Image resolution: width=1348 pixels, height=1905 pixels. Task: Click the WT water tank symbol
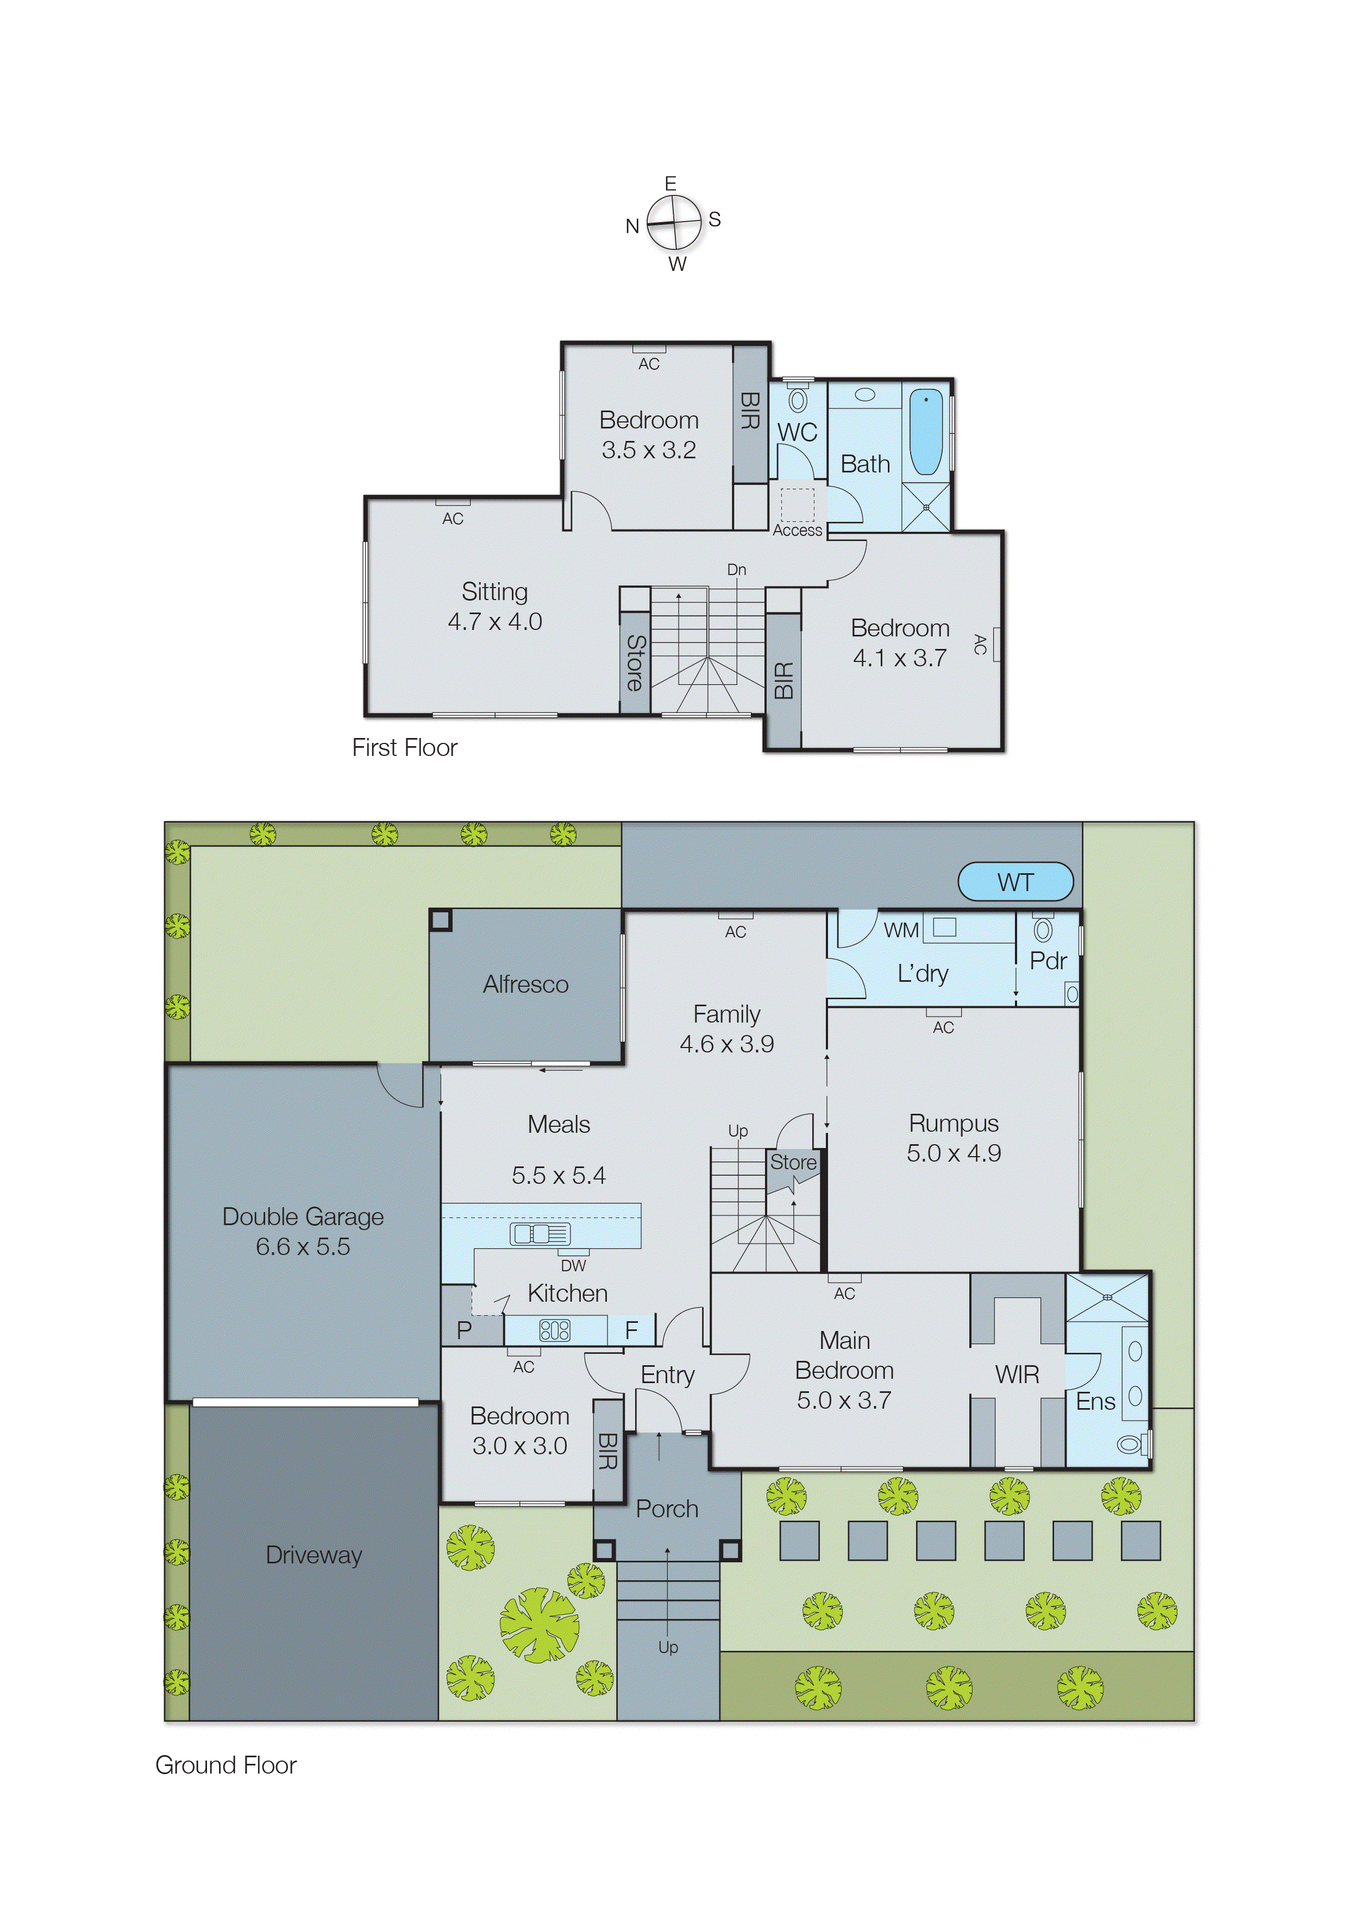click(x=1015, y=881)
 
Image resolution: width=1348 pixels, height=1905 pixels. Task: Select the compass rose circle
click(x=673, y=222)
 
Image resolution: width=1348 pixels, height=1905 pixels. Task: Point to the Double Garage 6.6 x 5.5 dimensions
click(x=303, y=1246)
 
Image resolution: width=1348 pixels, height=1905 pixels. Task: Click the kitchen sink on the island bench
click(x=540, y=1234)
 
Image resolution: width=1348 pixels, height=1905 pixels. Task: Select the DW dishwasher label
click(x=573, y=1265)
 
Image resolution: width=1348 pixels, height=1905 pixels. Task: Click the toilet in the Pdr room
click(x=1043, y=930)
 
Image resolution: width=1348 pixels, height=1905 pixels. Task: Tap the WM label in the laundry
click(x=901, y=930)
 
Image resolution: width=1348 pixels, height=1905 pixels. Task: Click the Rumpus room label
click(x=954, y=1124)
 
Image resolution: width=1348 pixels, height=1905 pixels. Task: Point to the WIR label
click(x=1017, y=1375)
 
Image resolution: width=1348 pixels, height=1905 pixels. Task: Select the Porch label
click(x=667, y=1509)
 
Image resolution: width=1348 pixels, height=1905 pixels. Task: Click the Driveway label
click(x=314, y=1555)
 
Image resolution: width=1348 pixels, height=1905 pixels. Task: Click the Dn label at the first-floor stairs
click(x=736, y=570)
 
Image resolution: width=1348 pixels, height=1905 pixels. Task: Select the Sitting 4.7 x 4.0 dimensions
click(x=495, y=621)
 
